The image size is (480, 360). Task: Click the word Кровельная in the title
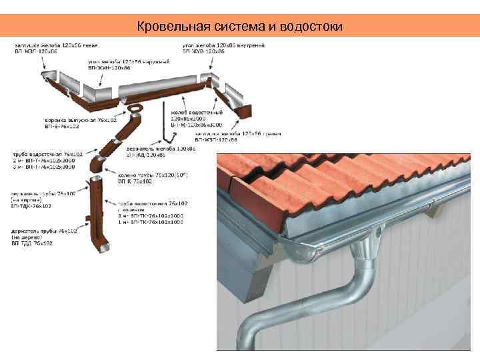pos(165,27)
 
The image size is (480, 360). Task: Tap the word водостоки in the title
pos(313,27)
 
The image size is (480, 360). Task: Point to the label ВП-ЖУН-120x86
pos(107,68)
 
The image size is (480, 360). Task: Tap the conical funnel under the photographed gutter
pos(366,251)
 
